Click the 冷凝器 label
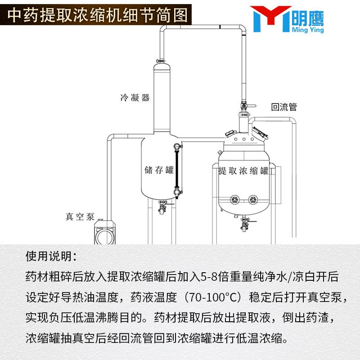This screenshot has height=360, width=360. click(135, 97)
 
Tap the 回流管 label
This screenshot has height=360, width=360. click(284, 107)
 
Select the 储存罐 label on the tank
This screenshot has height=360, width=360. click(159, 170)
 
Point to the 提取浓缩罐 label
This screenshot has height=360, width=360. click(243, 171)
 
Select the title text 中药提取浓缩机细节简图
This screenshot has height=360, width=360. click(98, 16)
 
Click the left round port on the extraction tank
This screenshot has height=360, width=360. click(234, 199)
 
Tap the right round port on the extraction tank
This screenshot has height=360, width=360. click(253, 199)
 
